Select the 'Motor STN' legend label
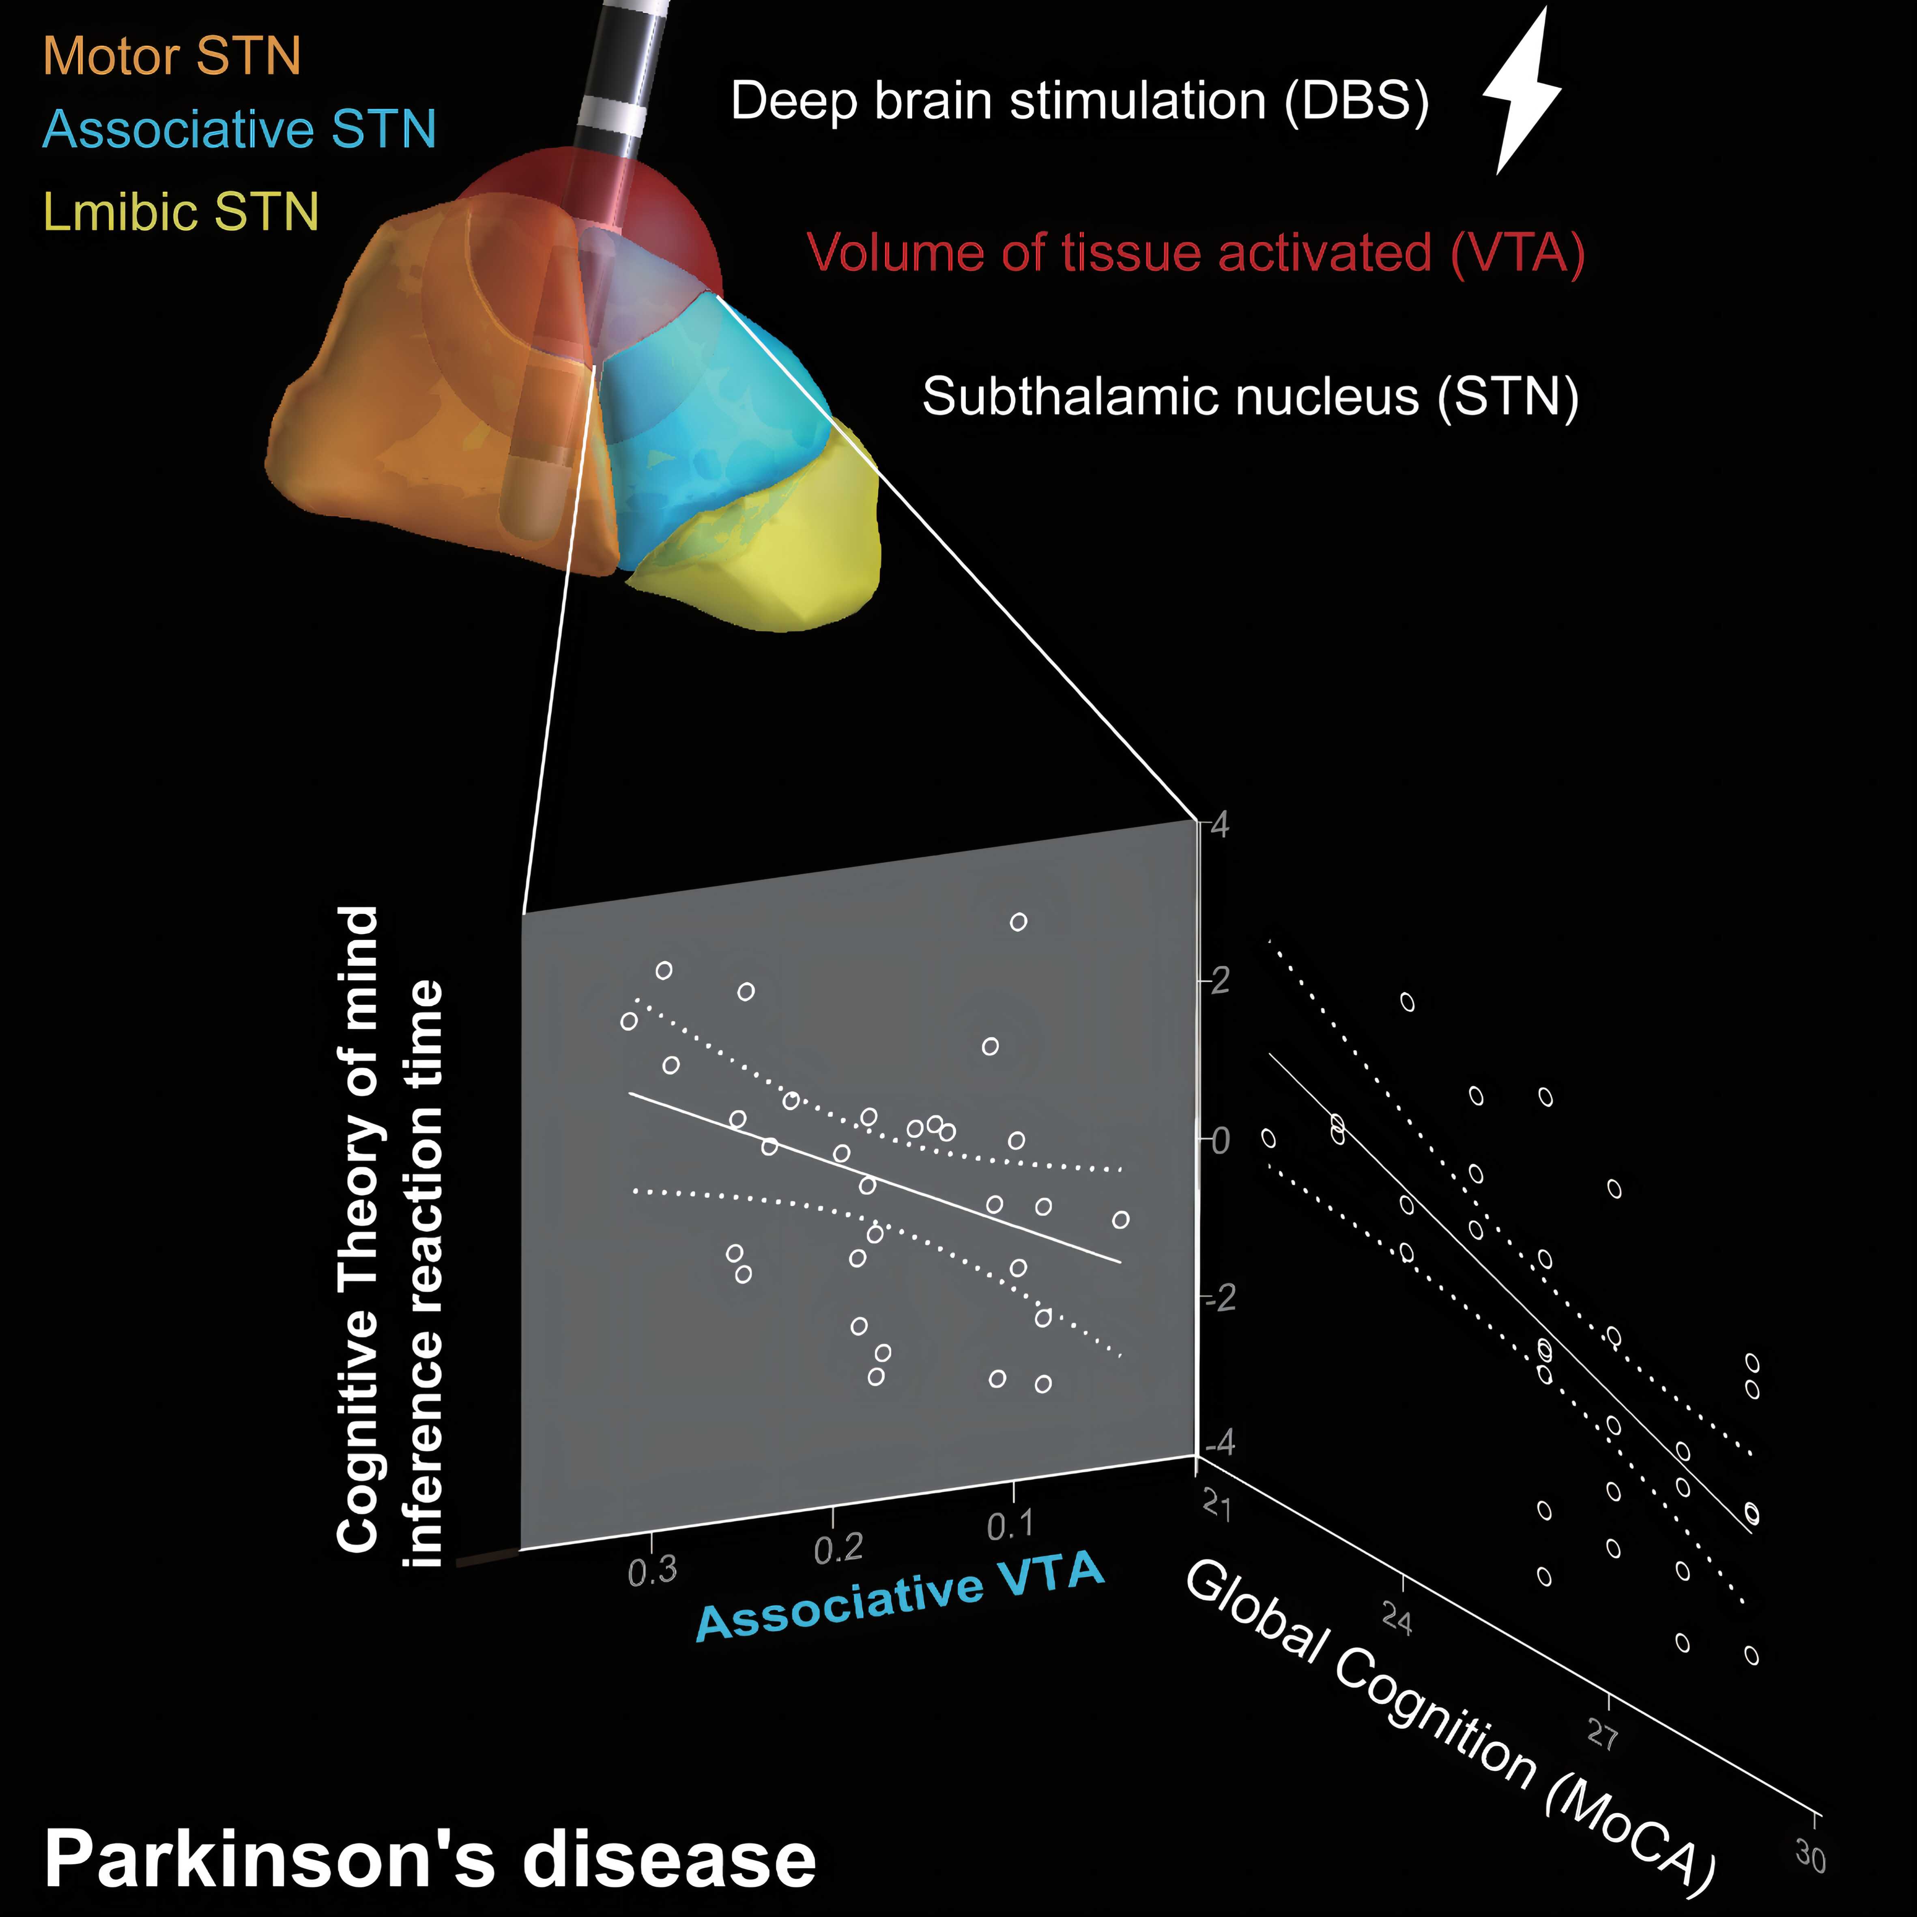172,56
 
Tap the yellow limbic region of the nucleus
784,556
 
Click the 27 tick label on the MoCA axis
1603,1734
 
